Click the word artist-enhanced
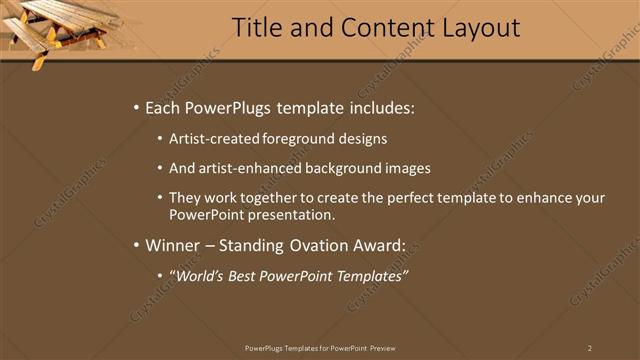pos(245,168)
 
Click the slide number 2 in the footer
pos(589,347)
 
